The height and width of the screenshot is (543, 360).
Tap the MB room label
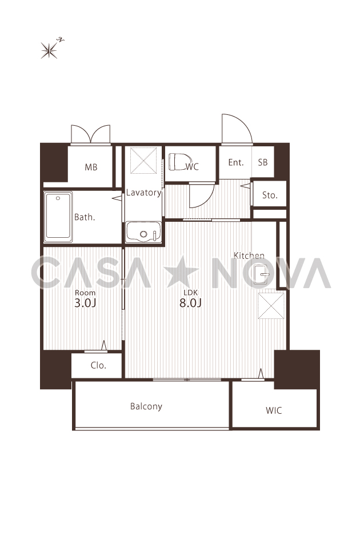pyautogui.click(x=91, y=167)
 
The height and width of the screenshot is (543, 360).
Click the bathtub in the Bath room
pyautogui.click(x=58, y=217)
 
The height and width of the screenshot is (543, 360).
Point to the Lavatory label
pyautogui.click(x=143, y=193)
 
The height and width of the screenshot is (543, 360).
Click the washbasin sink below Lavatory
pyautogui.click(x=143, y=232)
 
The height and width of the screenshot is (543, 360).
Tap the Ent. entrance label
pyautogui.click(x=236, y=162)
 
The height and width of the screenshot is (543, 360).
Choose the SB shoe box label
pyautogui.click(x=263, y=162)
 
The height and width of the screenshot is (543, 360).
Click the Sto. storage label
pyautogui.click(x=270, y=195)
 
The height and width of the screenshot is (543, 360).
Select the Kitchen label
pyautogui.click(x=249, y=255)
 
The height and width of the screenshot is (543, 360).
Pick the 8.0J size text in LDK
pyautogui.click(x=190, y=303)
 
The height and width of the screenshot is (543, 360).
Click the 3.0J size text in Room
pyautogui.click(x=85, y=303)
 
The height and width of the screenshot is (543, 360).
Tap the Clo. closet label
pyautogui.click(x=98, y=365)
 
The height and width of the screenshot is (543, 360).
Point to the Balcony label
pyautogui.click(x=146, y=406)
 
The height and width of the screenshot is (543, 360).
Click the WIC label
pyautogui.click(x=274, y=411)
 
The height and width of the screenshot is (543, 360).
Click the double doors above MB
pyautogui.click(x=91, y=134)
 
